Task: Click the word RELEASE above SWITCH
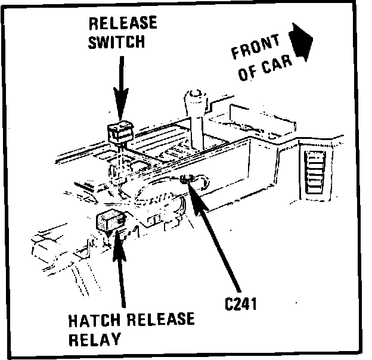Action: click(122, 24)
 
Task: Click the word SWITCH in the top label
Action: click(117, 42)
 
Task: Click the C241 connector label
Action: click(240, 304)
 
